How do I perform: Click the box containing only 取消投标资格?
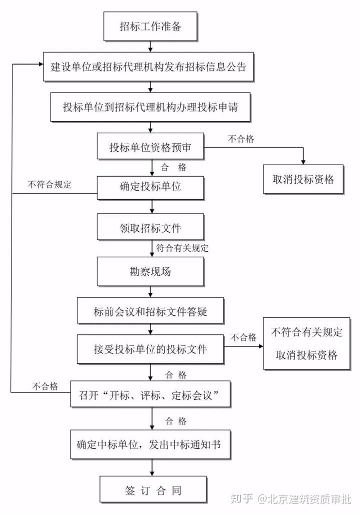[303, 179]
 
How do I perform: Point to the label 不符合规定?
[50, 184]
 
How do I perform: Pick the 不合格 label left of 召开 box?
[45, 386]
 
